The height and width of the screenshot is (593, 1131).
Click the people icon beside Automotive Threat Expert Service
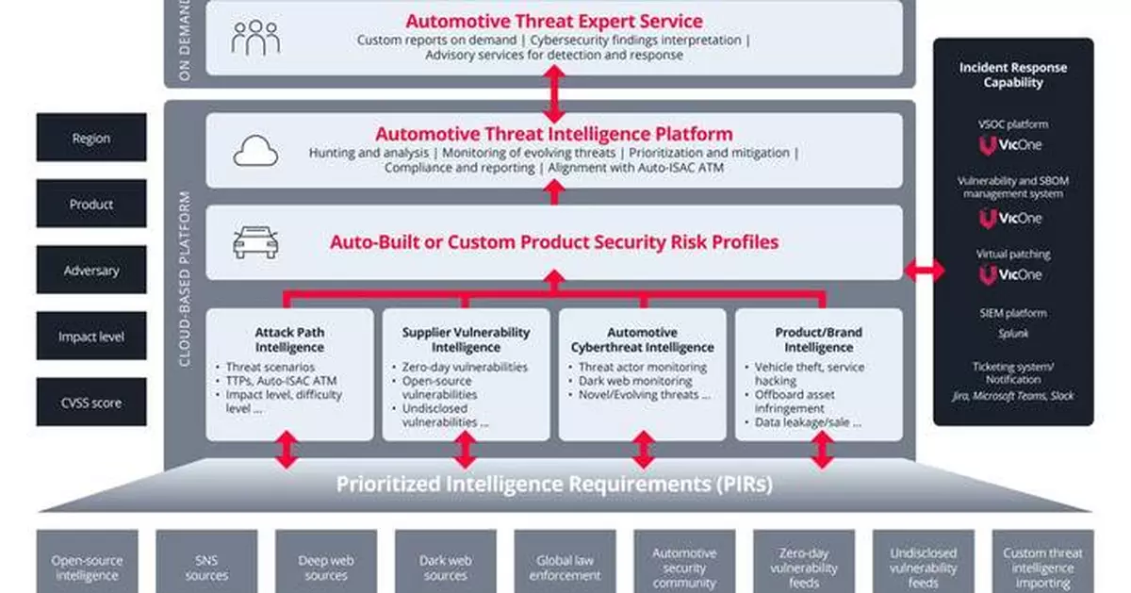pos(255,38)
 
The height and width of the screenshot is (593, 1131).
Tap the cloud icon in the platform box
pos(255,151)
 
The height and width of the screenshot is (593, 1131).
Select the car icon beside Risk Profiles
pos(255,243)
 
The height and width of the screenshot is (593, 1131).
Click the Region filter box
pos(91,138)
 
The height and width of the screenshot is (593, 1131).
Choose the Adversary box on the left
pos(91,271)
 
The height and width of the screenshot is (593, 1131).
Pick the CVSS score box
pos(91,403)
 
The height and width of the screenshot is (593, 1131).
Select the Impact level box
pos(91,337)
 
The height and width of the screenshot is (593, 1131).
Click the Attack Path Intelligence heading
pos(289,339)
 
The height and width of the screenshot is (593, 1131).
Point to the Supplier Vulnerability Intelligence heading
pos(466,339)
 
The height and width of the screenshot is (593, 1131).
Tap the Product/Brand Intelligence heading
pos(818,339)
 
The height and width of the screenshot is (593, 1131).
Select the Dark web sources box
pos(445,568)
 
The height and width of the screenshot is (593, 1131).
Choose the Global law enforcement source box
pos(565,568)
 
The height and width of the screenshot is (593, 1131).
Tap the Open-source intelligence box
pos(87,568)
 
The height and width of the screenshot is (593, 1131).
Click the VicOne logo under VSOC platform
pos(1013,146)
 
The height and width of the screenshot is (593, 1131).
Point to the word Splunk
pos(1013,333)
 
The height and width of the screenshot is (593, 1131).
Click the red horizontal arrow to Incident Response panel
pos(924,272)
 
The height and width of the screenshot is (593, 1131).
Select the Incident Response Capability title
pos(1013,74)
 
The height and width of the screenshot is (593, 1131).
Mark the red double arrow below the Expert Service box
pos(554,94)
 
